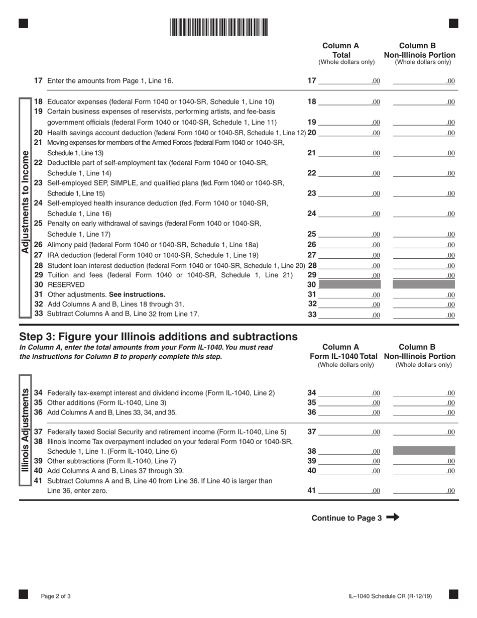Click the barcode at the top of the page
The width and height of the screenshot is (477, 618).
click(218, 27)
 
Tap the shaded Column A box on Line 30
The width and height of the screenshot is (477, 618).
click(350, 285)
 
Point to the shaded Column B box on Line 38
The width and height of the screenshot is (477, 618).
click(424, 451)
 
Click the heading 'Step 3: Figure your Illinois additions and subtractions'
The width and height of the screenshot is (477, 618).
click(158, 336)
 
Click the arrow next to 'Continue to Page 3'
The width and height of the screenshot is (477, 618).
click(393, 518)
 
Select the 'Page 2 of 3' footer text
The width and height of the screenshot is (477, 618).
click(56, 596)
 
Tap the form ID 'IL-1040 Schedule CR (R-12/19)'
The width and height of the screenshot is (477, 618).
click(390, 596)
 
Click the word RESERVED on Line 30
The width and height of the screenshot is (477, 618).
click(66, 285)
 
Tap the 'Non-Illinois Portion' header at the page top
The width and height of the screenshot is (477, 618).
click(420, 55)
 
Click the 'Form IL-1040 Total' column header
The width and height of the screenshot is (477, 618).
click(345, 356)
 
